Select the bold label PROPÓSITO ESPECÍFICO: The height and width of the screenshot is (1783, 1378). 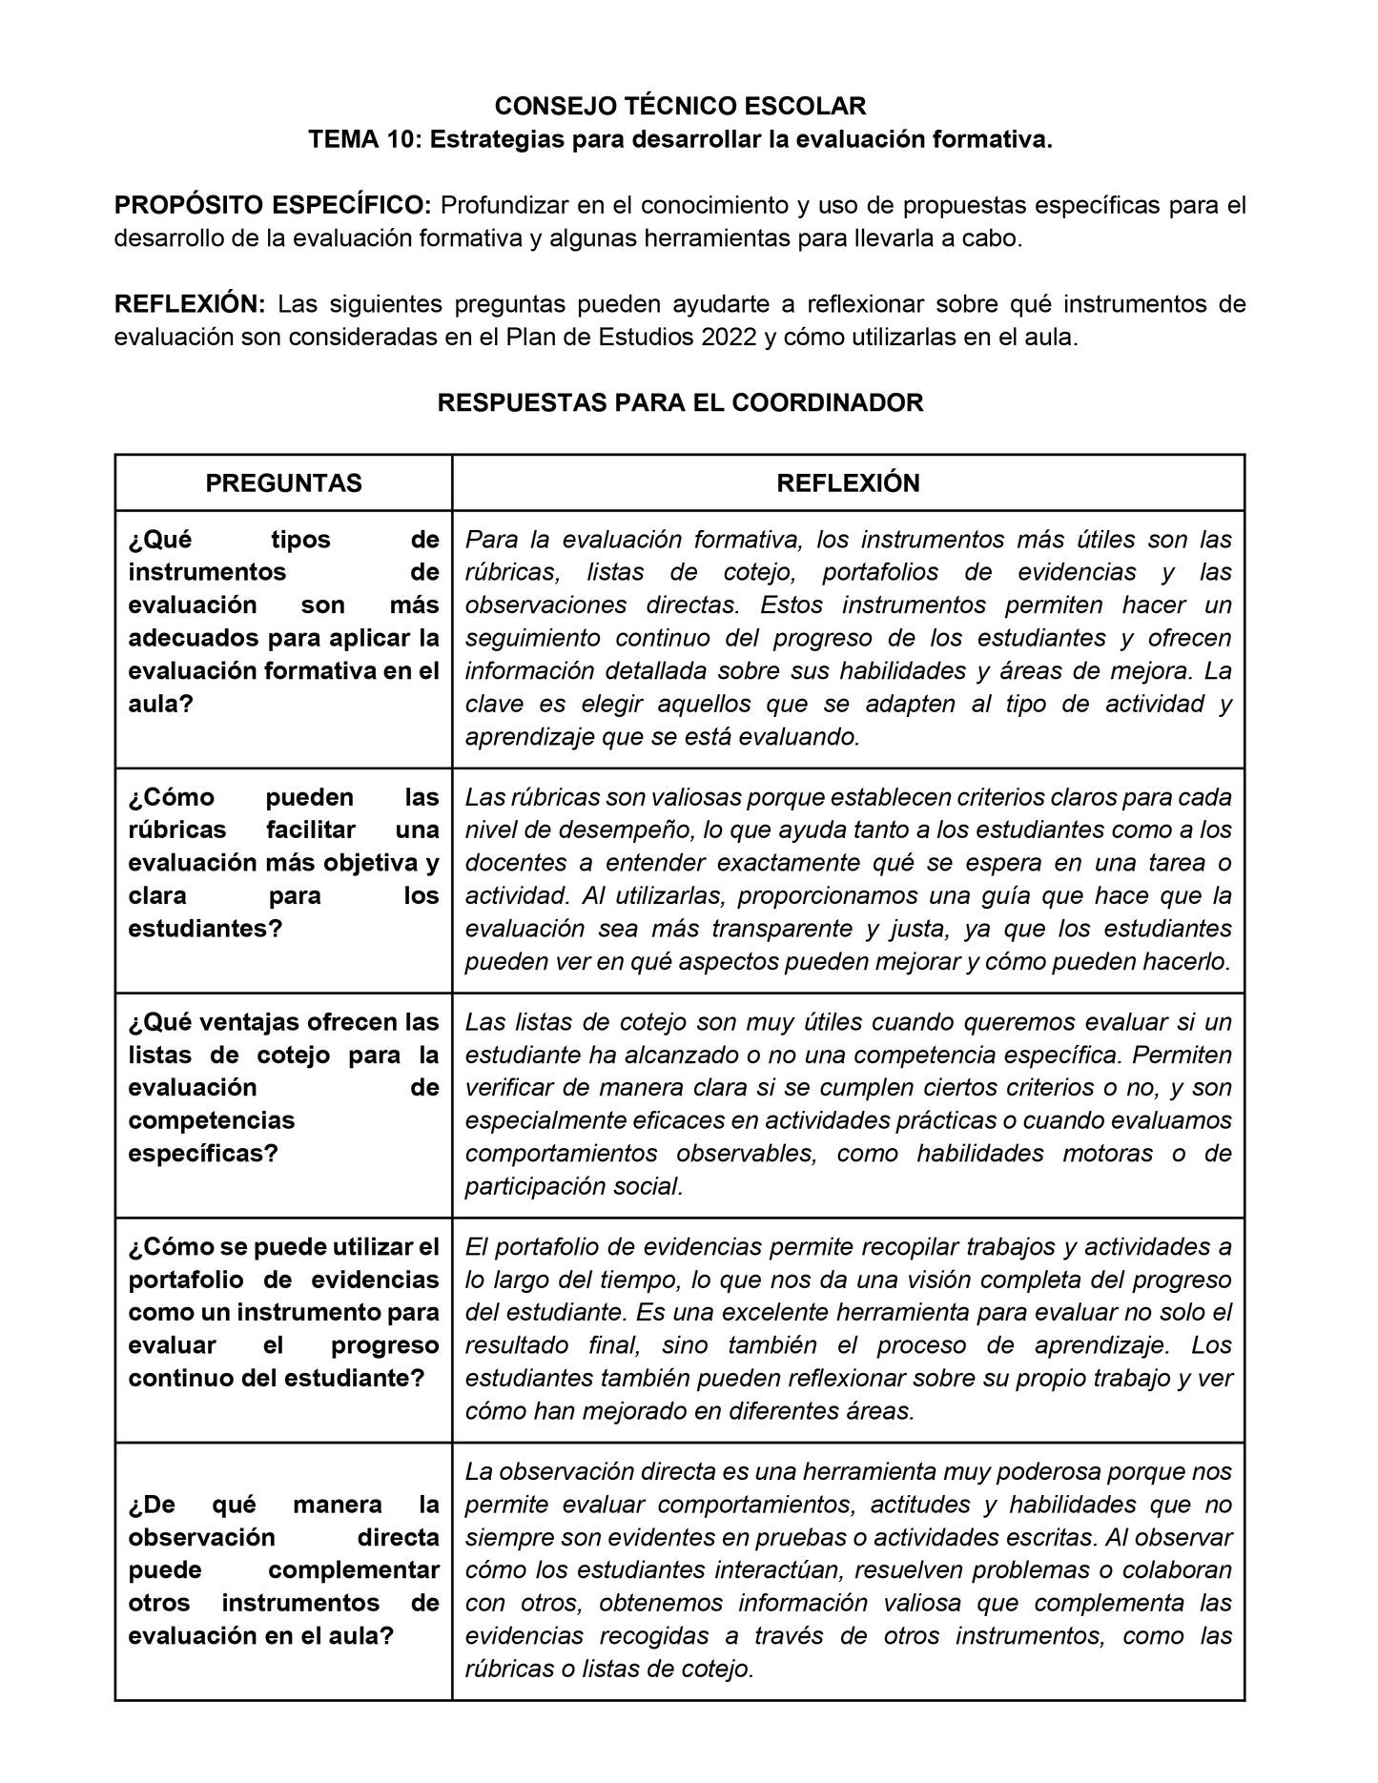click(x=273, y=205)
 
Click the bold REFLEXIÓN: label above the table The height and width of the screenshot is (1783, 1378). click(x=189, y=304)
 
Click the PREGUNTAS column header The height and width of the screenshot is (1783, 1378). click(x=283, y=483)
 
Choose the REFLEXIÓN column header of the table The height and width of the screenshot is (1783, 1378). click(x=848, y=483)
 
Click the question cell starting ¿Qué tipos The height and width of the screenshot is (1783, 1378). click(x=283, y=622)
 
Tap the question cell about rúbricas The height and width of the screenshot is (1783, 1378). click(x=283, y=863)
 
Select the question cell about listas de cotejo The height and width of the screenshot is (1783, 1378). click(x=283, y=1088)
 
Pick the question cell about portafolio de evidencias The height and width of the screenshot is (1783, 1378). click(x=283, y=1313)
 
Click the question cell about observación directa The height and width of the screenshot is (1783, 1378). click(x=283, y=1570)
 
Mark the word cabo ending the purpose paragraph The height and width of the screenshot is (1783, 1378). click(x=995, y=238)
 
